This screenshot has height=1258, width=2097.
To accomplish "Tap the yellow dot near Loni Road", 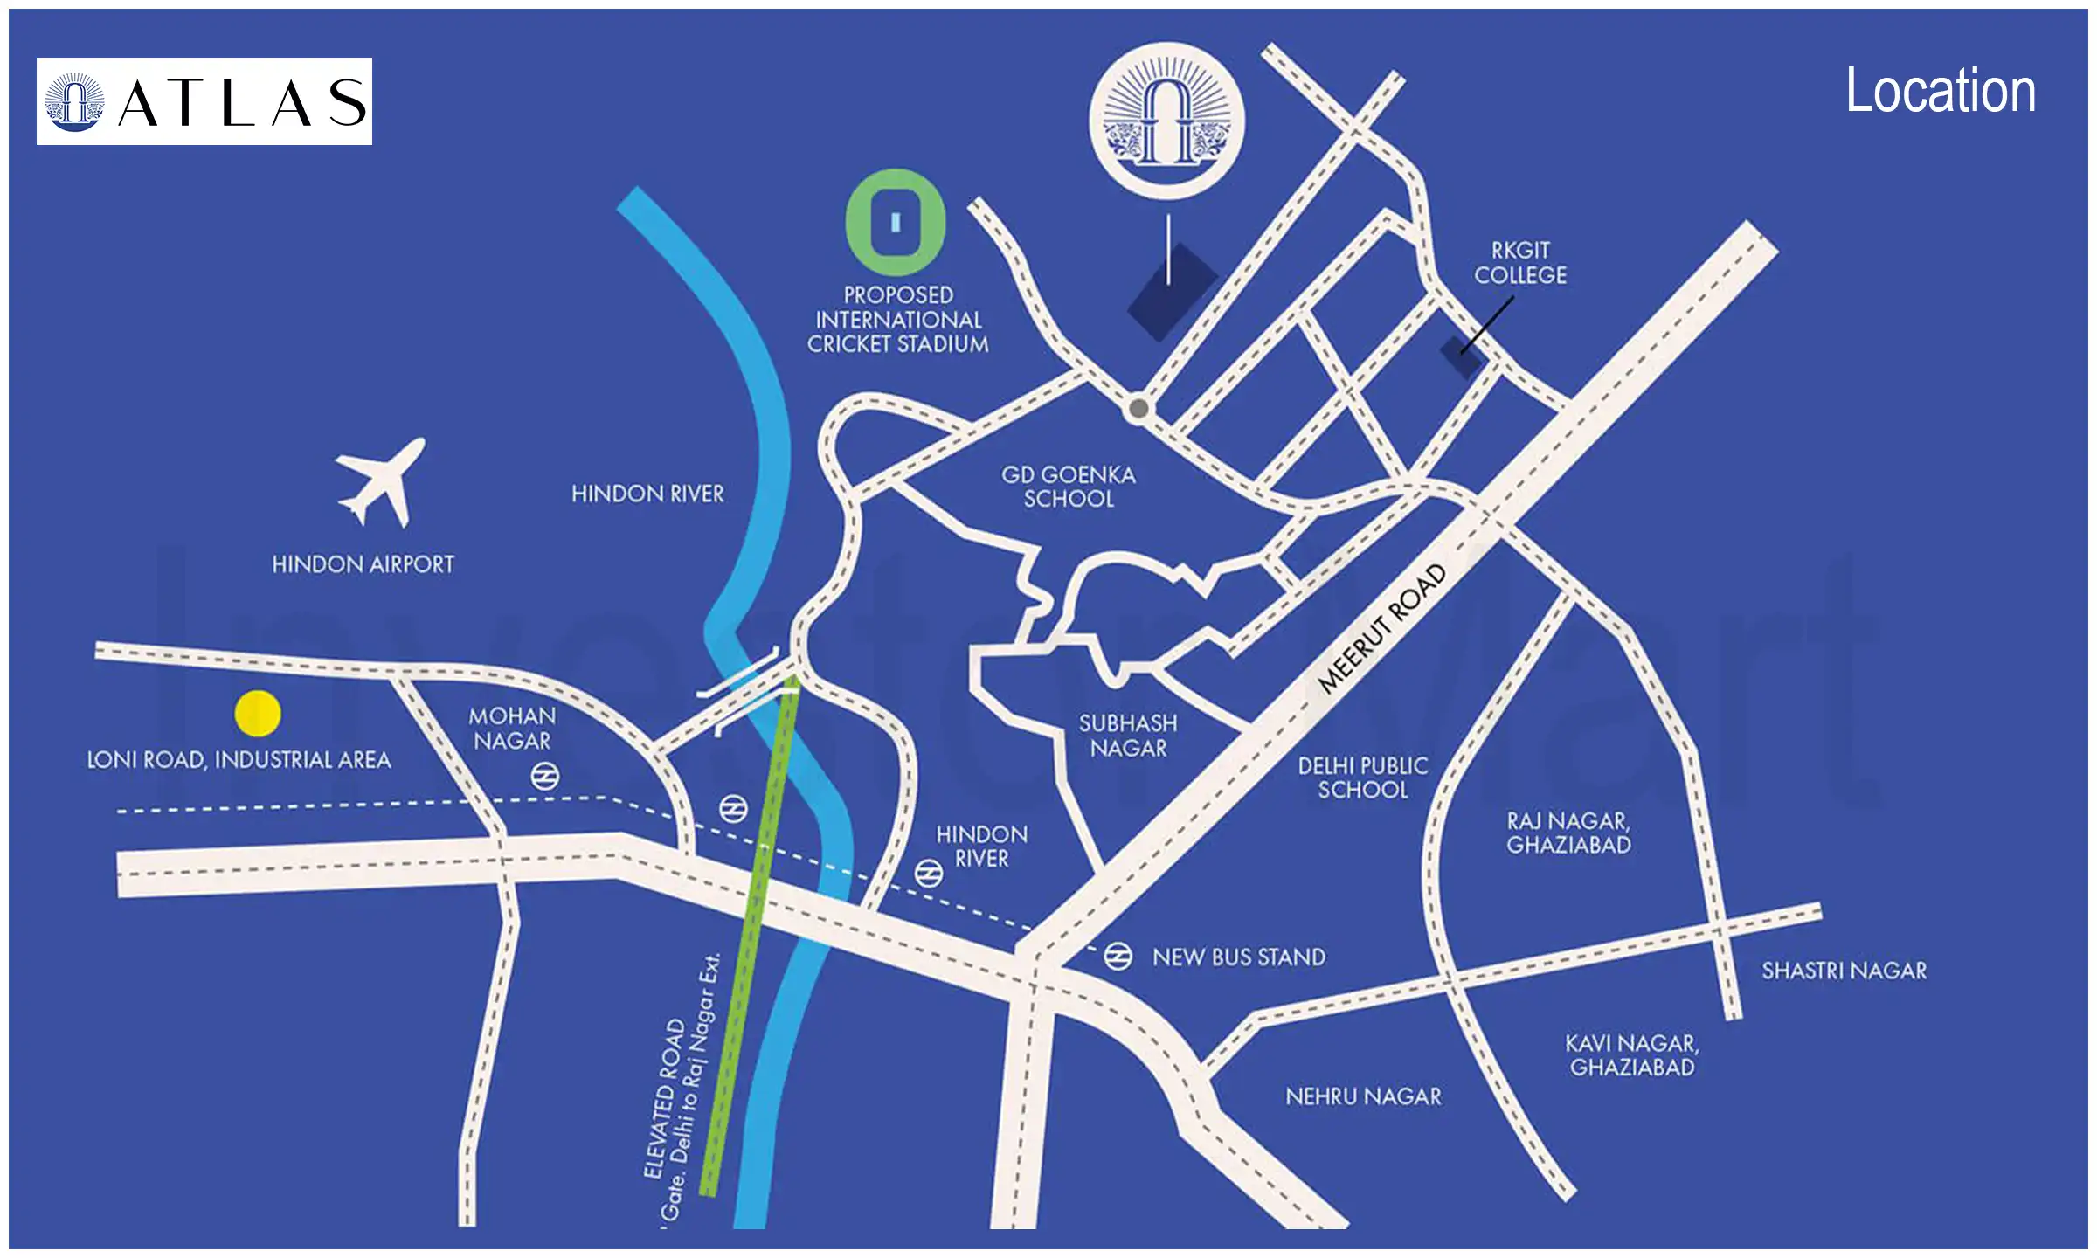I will pyautogui.click(x=258, y=713).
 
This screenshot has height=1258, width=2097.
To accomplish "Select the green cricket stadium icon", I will pyautogui.click(x=896, y=223).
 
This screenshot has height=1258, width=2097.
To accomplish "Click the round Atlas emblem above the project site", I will pyautogui.click(x=1166, y=121).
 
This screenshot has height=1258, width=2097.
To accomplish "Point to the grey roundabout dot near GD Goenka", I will pyautogui.click(x=1138, y=408).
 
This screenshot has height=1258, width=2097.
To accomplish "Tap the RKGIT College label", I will pyautogui.click(x=1520, y=263).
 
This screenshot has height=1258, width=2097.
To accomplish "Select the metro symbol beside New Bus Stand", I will pyautogui.click(x=1118, y=957).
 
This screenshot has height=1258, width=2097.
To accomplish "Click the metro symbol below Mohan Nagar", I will pyautogui.click(x=545, y=776).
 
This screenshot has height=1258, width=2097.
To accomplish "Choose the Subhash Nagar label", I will pyautogui.click(x=1128, y=736).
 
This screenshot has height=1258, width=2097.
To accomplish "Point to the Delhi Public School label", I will pyautogui.click(x=1363, y=778).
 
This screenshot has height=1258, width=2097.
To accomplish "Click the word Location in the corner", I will pyautogui.click(x=1940, y=91).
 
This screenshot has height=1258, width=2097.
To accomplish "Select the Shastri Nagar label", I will pyautogui.click(x=1844, y=971).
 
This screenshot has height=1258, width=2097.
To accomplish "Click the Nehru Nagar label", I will pyautogui.click(x=1363, y=1096).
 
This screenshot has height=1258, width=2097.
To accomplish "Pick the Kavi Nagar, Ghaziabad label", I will pyautogui.click(x=1631, y=1055).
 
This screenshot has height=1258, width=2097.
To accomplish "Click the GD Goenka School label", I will pyautogui.click(x=1069, y=487).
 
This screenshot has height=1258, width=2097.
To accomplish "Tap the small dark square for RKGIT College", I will pyautogui.click(x=1460, y=356).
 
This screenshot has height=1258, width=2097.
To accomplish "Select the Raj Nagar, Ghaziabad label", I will pyautogui.click(x=1568, y=833).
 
